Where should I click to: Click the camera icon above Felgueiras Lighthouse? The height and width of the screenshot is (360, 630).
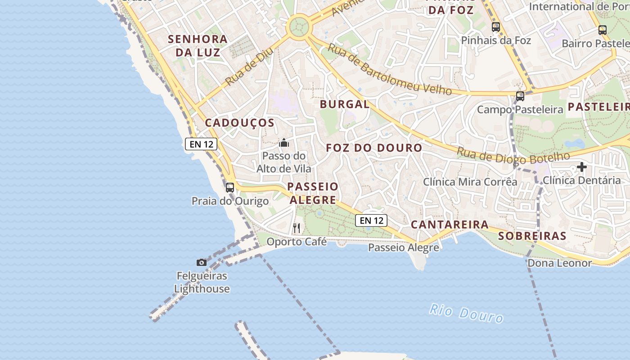[202, 262]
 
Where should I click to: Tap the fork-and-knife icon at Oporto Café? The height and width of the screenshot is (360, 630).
[296, 228]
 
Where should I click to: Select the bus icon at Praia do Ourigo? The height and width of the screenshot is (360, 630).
[230, 187]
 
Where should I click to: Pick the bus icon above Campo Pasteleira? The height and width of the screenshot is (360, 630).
[520, 96]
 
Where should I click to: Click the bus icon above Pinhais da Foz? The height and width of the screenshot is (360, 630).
[496, 27]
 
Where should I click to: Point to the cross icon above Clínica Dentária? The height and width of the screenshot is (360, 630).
[582, 167]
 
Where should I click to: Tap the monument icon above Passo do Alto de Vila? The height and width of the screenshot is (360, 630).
[284, 143]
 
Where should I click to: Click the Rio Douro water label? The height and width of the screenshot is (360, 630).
[466, 313]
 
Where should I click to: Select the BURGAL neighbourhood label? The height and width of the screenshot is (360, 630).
[344, 104]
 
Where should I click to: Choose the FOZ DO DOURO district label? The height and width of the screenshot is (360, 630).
[374, 148]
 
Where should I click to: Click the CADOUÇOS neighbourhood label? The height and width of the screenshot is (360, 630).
[240, 123]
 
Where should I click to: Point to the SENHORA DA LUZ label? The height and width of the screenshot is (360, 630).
[198, 45]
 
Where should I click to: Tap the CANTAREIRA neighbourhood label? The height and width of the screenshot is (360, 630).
[450, 224]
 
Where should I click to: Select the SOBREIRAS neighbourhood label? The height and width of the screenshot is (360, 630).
[532, 236]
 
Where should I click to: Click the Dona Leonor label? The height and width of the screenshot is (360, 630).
[559, 263]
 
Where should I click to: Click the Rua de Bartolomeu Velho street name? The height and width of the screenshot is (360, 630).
[389, 69]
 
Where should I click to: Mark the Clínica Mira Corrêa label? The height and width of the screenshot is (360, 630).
[470, 182]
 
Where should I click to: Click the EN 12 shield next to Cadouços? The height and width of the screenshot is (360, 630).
[201, 144]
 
